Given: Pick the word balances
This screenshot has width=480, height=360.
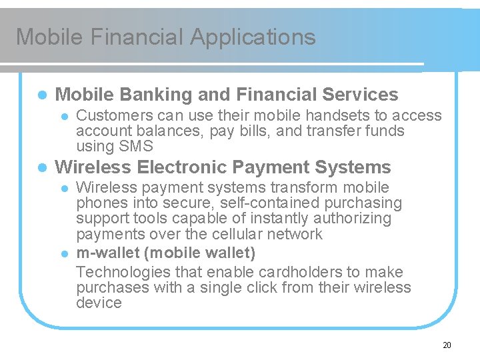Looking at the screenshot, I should tap(165, 131).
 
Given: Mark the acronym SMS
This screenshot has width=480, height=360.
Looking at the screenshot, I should tap(136, 146).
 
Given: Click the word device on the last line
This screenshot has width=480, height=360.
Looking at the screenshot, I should tap(99, 303).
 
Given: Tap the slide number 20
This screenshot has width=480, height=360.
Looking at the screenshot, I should tap(447, 345).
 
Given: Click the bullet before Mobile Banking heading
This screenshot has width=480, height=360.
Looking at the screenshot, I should tap(41, 95).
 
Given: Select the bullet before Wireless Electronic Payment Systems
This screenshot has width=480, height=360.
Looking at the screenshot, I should tap(41, 167).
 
